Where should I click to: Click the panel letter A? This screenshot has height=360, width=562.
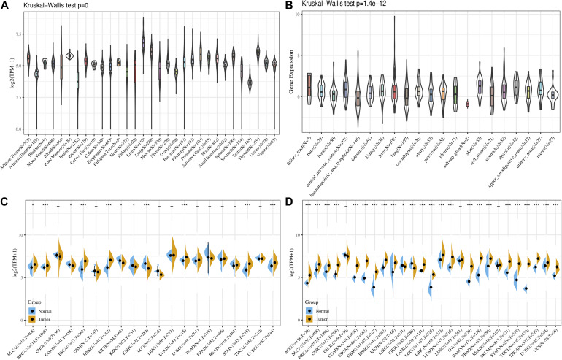click(7, 7)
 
